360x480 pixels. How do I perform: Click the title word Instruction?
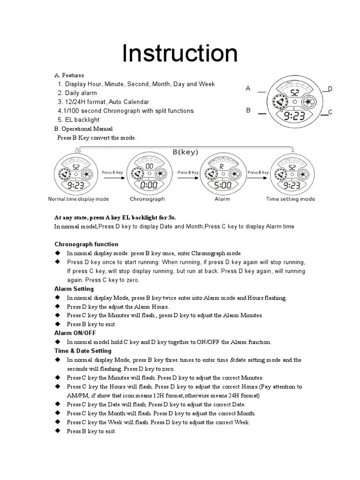pos(180,53)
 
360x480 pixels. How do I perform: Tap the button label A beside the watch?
pos(248,88)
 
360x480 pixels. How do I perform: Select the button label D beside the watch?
pos(330,89)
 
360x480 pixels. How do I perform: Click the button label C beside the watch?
pos(330,112)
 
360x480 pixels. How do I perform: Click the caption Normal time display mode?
pos(78,199)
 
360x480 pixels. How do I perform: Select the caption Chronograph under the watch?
pos(147,199)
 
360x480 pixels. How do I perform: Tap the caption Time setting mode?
pos(291,199)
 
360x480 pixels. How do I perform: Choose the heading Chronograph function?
pos(86,244)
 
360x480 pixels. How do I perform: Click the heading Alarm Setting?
pos(74,289)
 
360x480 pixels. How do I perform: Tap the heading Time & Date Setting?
pos(83,351)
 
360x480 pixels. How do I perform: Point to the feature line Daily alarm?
pos(81,93)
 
